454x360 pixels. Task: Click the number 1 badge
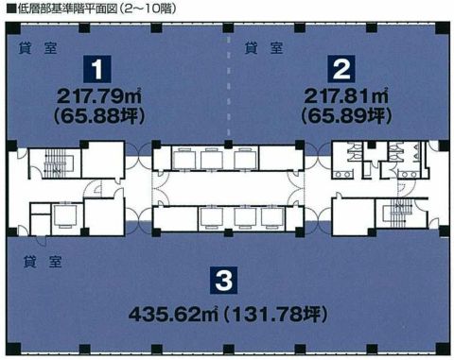coord(96,69)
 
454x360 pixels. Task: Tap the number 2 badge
coord(340,69)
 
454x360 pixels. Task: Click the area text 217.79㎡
coord(97,95)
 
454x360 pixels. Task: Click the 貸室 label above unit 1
coord(35,46)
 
